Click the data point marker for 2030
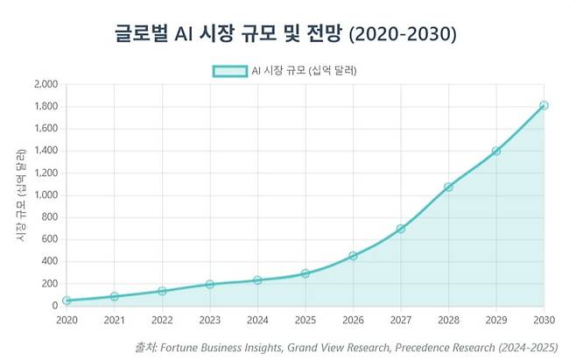pos(544,105)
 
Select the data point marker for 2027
pos(401,229)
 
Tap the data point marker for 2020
pos(67,300)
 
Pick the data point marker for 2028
pos(448,187)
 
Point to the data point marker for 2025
pos(306,273)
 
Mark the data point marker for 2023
pos(210,285)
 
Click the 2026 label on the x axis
pos(353,321)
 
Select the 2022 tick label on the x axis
pos(162,321)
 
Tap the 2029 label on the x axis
pos(496,321)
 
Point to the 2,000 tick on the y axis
pos(46,84)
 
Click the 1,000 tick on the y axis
pos(46,195)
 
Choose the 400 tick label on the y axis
pos(50,261)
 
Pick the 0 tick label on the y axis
pos(55,306)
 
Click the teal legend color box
pos(230,71)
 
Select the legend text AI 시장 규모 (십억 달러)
pos(304,71)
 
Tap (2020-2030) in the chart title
pos(403,34)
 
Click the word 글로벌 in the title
pos(142,33)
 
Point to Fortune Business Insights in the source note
pos(221,348)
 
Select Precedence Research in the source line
pos(445,348)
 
